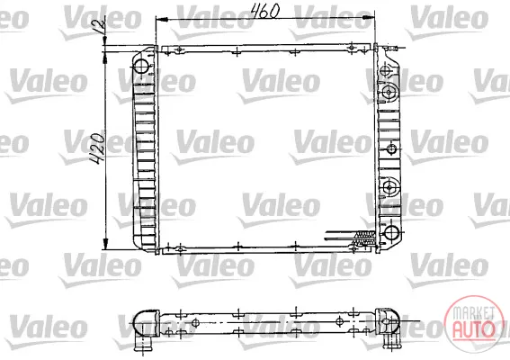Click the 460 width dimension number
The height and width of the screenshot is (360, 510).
[265, 11]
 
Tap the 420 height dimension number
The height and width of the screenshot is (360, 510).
[97, 148]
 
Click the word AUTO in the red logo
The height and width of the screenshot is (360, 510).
[473, 329]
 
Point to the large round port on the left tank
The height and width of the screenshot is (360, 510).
[141, 66]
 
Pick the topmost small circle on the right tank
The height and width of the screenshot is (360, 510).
[385, 70]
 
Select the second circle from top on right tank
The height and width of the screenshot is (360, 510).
[389, 92]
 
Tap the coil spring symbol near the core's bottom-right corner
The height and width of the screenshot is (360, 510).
[365, 238]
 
